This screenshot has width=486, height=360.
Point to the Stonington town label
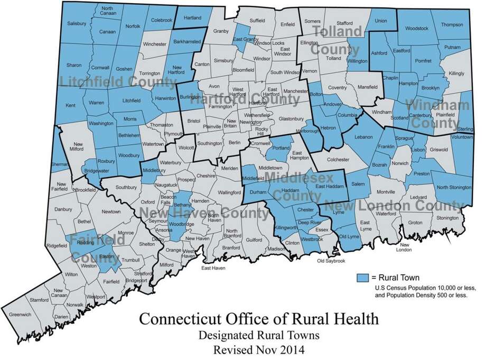[x=447, y=217]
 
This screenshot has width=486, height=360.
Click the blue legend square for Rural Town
[x=362, y=276]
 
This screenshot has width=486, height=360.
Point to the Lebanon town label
[x=357, y=136]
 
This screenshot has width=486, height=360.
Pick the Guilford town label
[x=254, y=239]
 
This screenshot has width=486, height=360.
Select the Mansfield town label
[x=368, y=87]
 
